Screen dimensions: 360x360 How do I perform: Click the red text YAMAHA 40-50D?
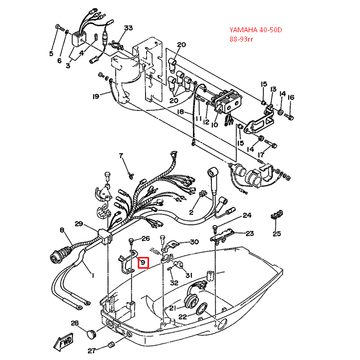click(x=256, y=30)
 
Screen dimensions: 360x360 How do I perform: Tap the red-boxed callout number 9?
click(x=143, y=263)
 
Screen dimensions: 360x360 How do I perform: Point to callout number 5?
click(x=51, y=54)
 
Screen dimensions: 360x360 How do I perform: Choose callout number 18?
click(x=180, y=112)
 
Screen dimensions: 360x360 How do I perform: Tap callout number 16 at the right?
click(x=291, y=97)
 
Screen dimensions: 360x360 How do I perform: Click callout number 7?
click(x=122, y=156)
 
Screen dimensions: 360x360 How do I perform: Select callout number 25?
click(x=276, y=233)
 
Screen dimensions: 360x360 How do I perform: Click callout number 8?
click(x=62, y=230)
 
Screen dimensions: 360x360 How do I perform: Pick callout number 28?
click(x=74, y=323)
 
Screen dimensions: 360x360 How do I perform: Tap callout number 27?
click(x=91, y=351)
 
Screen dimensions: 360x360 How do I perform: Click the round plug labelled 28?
click(x=90, y=334)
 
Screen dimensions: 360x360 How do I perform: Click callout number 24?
click(x=247, y=215)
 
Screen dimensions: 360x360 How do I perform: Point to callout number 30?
click(x=194, y=242)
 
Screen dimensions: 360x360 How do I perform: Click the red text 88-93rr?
click(x=242, y=39)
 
